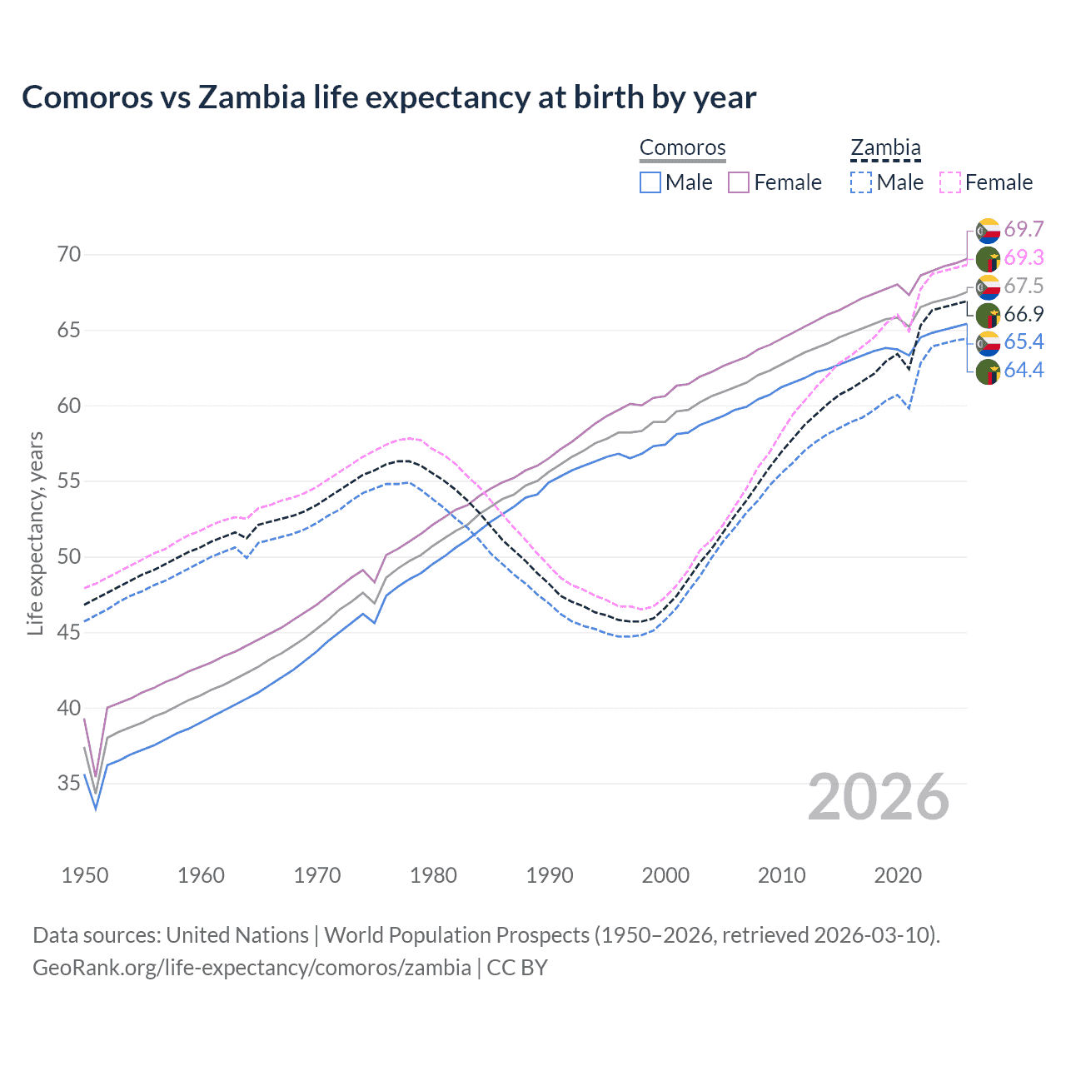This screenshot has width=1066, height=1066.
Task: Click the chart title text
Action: tap(389, 97)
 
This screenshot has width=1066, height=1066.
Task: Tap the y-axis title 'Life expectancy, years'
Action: tap(35, 533)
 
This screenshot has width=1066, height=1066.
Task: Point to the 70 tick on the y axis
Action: tap(69, 254)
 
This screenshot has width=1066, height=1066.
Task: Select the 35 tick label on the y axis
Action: tap(69, 784)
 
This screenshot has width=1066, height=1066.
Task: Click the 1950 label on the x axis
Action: tap(85, 875)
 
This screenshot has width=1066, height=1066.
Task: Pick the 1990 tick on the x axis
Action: tap(550, 875)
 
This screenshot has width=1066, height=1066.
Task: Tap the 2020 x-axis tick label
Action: tap(898, 875)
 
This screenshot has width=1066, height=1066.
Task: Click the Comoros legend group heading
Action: tap(683, 148)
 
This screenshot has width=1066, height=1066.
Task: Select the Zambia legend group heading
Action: tap(885, 148)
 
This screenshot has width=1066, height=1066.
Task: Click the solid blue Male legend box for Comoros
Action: tap(650, 182)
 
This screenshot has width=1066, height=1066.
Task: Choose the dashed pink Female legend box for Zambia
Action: tap(950, 182)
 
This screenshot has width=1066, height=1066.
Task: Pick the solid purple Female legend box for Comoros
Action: tap(739, 182)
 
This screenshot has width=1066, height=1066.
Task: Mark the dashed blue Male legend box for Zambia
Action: tap(861, 182)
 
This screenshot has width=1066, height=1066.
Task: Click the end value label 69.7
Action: tap(1024, 229)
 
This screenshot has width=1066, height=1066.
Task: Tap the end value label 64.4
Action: tap(1024, 370)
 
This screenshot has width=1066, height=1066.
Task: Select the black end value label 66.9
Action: tap(1024, 314)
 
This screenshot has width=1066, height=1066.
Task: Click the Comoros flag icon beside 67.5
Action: tap(988, 286)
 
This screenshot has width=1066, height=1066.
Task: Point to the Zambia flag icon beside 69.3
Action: tap(988, 258)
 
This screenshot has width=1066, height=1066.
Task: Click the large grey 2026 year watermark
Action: tap(879, 797)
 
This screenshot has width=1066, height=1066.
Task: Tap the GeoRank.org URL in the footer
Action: tap(252, 968)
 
